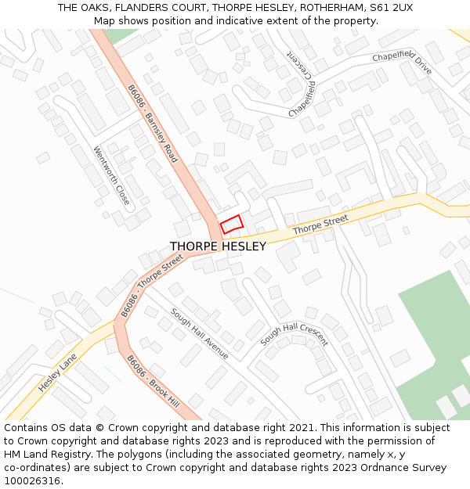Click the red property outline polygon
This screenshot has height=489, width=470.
coord(231,224)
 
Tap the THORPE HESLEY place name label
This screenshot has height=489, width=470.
coord(218,246)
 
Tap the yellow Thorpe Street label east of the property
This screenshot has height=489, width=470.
coord(320,226)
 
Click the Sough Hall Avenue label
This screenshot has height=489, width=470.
coord(199,333)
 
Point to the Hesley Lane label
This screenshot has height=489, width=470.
coord(59,372)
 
